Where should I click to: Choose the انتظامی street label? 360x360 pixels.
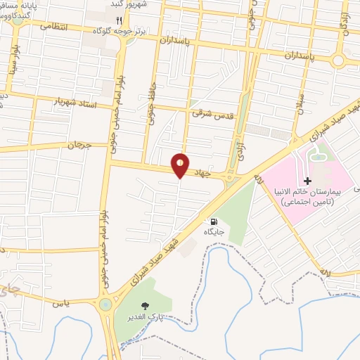[x=56, y=26]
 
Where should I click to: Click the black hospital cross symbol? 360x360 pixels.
[x=307, y=181]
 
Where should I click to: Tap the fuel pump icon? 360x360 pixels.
[x=214, y=221]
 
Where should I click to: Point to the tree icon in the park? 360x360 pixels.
[x=146, y=305]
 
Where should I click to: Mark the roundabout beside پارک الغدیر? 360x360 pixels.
[x=105, y=304]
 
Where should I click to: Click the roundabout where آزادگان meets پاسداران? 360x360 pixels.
[x=338, y=60]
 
